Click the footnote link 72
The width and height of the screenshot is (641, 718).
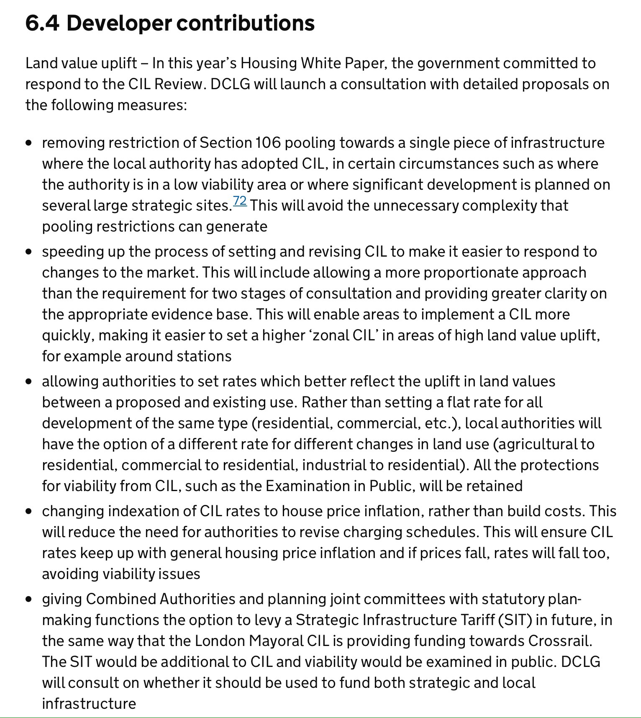[240, 201]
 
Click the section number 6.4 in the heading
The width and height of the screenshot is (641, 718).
[42, 23]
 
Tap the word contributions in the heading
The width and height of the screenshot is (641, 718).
[245, 23]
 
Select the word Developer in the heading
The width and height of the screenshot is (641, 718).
[119, 23]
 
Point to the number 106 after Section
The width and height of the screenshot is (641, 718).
[268, 143]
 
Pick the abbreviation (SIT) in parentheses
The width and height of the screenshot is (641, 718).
[515, 620]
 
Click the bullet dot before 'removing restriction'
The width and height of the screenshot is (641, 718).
[28, 143]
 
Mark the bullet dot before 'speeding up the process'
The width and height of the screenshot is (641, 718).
[28, 252]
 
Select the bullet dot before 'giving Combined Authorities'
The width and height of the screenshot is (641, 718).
[28, 600]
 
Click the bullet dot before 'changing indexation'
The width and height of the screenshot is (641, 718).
[28, 512]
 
